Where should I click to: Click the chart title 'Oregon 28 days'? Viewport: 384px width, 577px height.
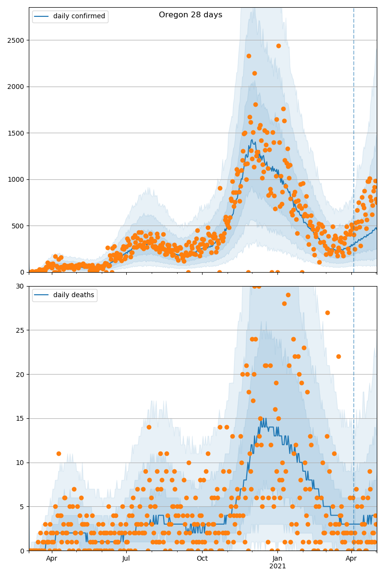[191, 15]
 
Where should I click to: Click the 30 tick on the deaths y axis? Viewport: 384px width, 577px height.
[20, 286]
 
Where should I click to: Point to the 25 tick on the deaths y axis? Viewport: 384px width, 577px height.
[20, 330]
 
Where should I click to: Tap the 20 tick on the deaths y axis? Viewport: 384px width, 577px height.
[20, 374]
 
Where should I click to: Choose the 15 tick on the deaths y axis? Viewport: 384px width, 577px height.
[20, 418]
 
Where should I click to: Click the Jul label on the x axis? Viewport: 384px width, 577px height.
[126, 558]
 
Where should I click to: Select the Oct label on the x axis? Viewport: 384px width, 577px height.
[202, 558]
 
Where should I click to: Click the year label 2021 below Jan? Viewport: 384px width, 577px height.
[277, 566]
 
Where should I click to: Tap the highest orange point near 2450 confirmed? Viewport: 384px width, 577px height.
[278, 46]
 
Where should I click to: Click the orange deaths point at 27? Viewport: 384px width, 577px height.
[327, 313]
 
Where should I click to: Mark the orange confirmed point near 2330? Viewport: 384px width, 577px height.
[249, 56]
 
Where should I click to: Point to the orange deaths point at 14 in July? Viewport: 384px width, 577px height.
[149, 427]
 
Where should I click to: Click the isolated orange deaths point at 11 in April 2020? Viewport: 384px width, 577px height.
[59, 453]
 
